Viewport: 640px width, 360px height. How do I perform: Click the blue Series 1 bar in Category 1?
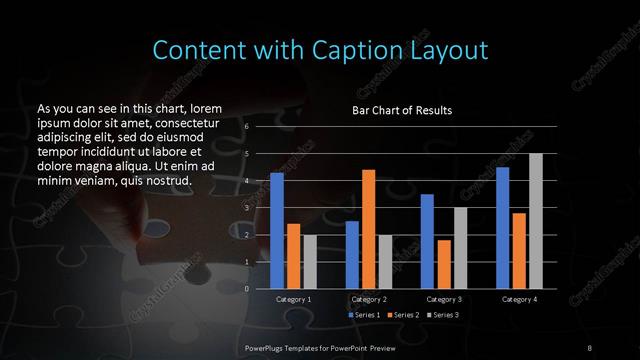tap(277, 230)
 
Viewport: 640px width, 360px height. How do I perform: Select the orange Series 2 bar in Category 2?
tap(369, 229)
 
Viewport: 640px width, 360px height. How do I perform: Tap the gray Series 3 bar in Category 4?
tap(536, 221)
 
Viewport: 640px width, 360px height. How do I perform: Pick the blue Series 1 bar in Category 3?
tap(427, 241)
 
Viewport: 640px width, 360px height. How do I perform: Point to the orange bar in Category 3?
tap(444, 264)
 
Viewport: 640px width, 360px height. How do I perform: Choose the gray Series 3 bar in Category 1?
tap(310, 261)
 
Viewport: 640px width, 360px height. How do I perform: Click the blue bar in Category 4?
tap(503, 227)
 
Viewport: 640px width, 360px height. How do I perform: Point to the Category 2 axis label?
tap(369, 299)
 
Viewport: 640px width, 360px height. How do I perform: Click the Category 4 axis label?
tap(519, 299)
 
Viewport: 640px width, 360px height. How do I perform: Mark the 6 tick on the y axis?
tap(246, 127)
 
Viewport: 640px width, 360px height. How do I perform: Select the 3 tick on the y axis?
tap(246, 208)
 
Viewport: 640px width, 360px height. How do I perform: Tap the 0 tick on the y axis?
tap(246, 289)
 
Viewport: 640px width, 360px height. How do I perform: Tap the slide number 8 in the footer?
tap(590, 346)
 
